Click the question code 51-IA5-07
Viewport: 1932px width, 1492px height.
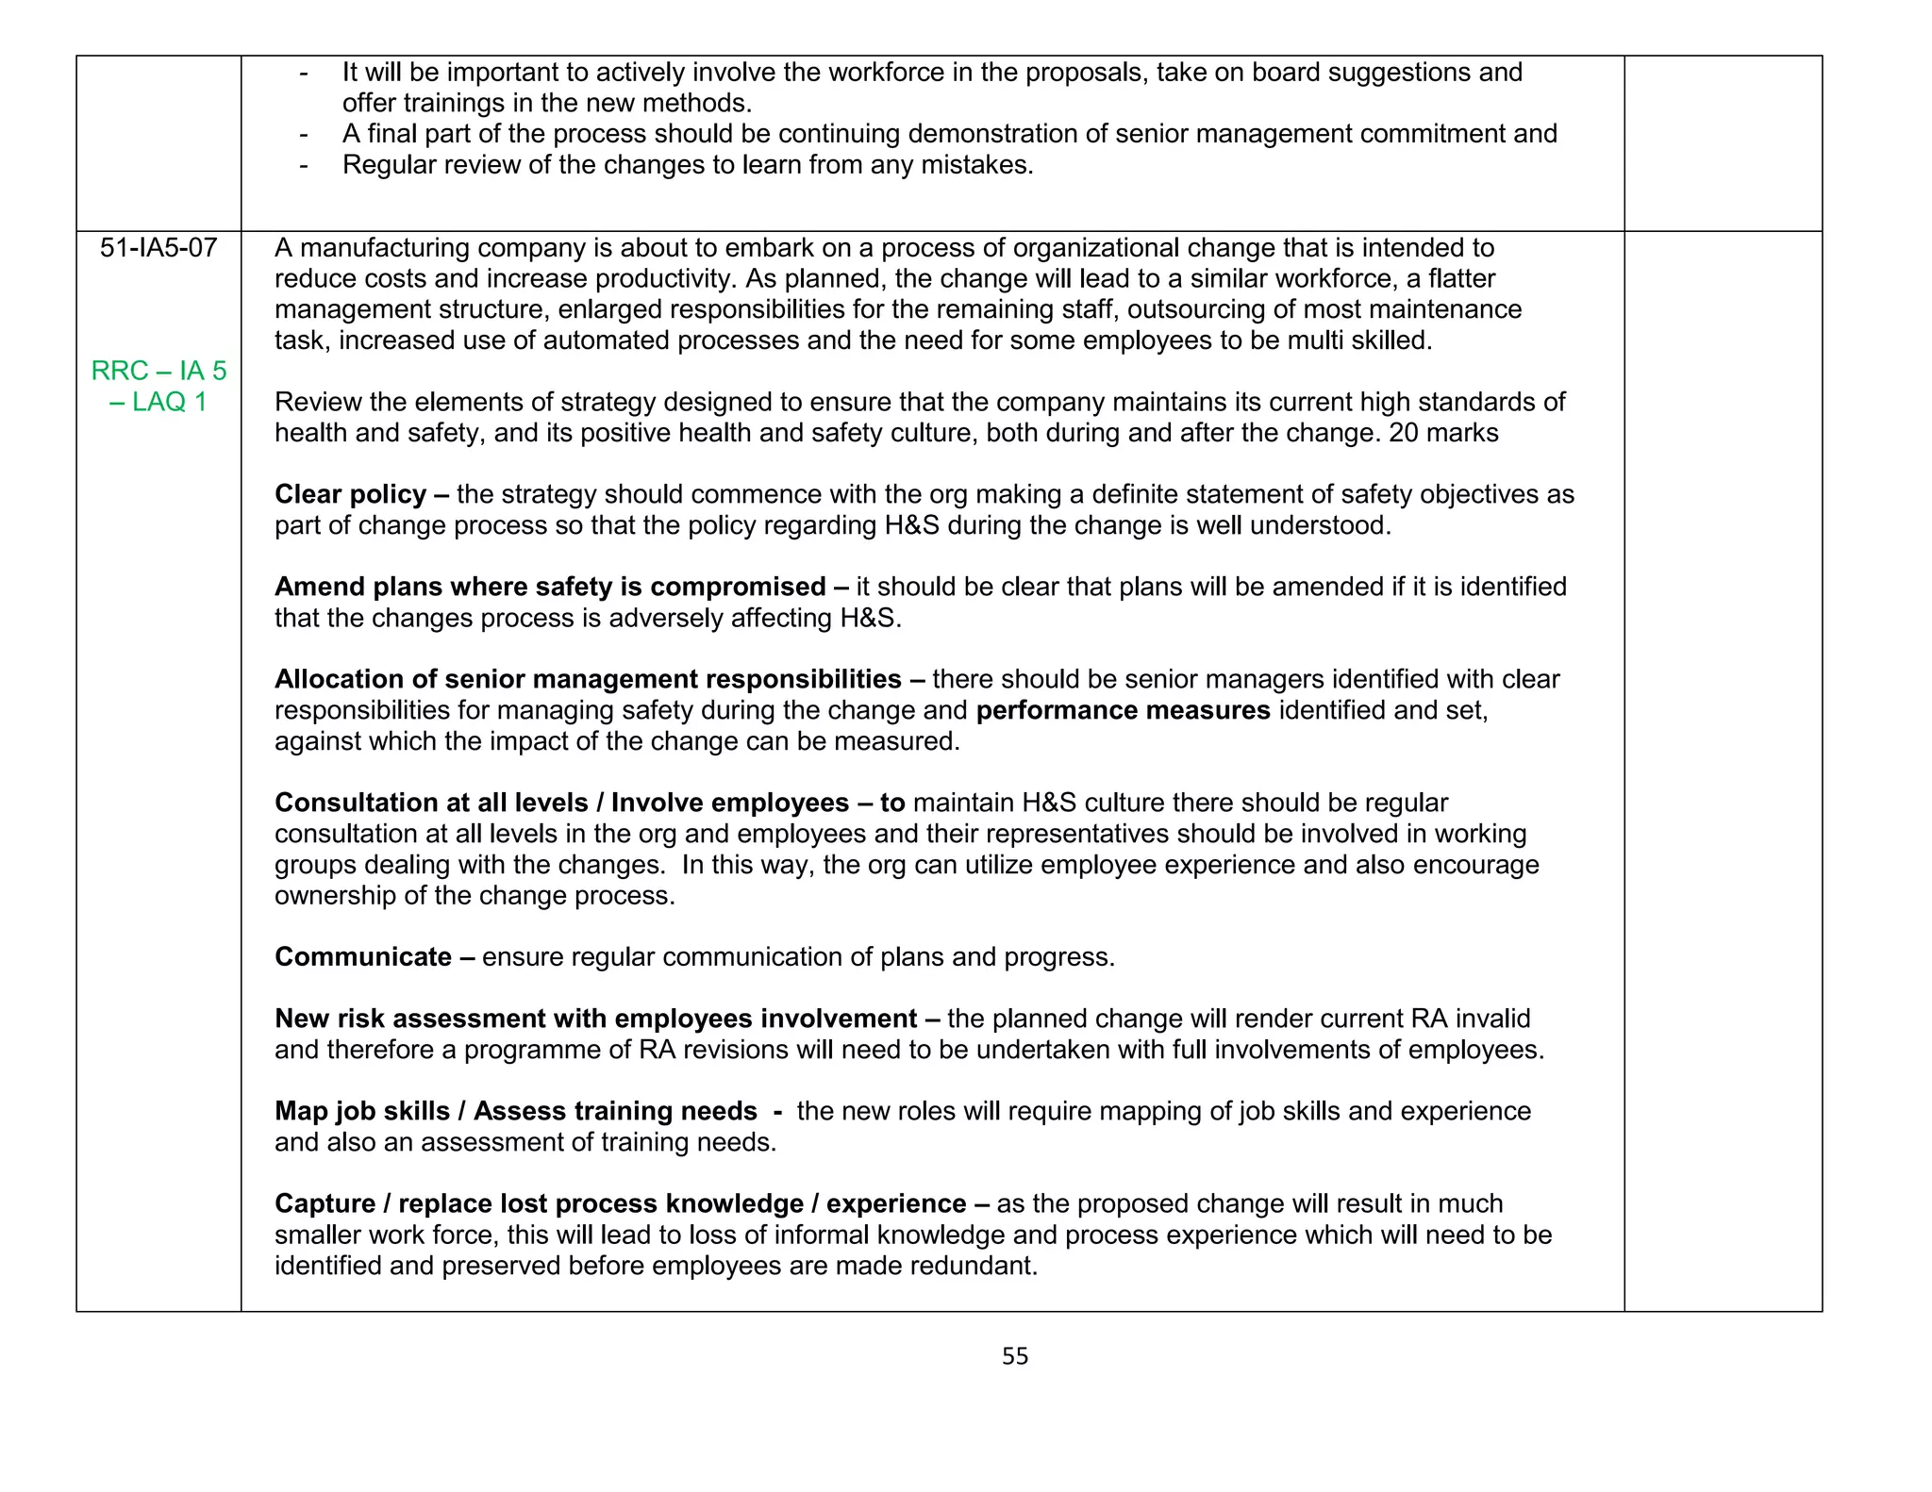tap(158, 248)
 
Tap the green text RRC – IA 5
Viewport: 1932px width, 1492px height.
tap(158, 371)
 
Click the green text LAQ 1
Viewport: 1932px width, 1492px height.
tap(169, 402)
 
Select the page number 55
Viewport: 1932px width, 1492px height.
tap(1015, 1356)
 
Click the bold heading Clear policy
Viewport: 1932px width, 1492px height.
tap(350, 494)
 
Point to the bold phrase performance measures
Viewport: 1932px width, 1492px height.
tap(1123, 710)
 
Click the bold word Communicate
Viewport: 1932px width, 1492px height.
tap(363, 956)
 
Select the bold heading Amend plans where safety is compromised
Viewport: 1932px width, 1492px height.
tap(550, 587)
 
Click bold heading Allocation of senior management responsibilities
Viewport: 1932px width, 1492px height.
tap(588, 679)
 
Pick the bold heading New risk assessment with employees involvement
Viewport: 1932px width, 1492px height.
tap(595, 1019)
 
